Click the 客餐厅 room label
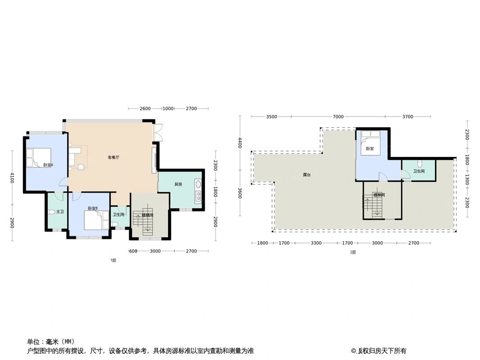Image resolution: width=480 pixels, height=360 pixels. [x=113, y=157]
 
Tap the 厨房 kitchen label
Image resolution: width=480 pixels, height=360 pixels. [x=178, y=184]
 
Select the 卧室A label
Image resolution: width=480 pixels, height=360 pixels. [x=48, y=165]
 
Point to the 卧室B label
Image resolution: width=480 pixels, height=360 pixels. [x=93, y=208]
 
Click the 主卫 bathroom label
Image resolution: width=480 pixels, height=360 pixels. [x=59, y=211]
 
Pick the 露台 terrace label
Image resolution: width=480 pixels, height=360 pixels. [x=306, y=174]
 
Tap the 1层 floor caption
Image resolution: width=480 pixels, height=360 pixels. [x=113, y=261]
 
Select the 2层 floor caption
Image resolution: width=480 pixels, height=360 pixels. [x=353, y=252]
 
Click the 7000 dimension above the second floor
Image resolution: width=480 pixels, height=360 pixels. [x=338, y=117]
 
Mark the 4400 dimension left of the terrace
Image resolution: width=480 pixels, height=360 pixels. [x=240, y=142]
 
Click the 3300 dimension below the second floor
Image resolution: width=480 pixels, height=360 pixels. [x=316, y=243]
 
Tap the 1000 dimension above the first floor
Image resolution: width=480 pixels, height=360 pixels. [x=168, y=108]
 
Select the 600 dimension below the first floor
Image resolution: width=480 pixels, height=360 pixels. [x=133, y=251]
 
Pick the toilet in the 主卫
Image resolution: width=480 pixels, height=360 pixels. [x=52, y=212]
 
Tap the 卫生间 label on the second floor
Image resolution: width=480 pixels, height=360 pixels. [x=419, y=171]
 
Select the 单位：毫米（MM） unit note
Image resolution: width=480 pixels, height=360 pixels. [x=50, y=342]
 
